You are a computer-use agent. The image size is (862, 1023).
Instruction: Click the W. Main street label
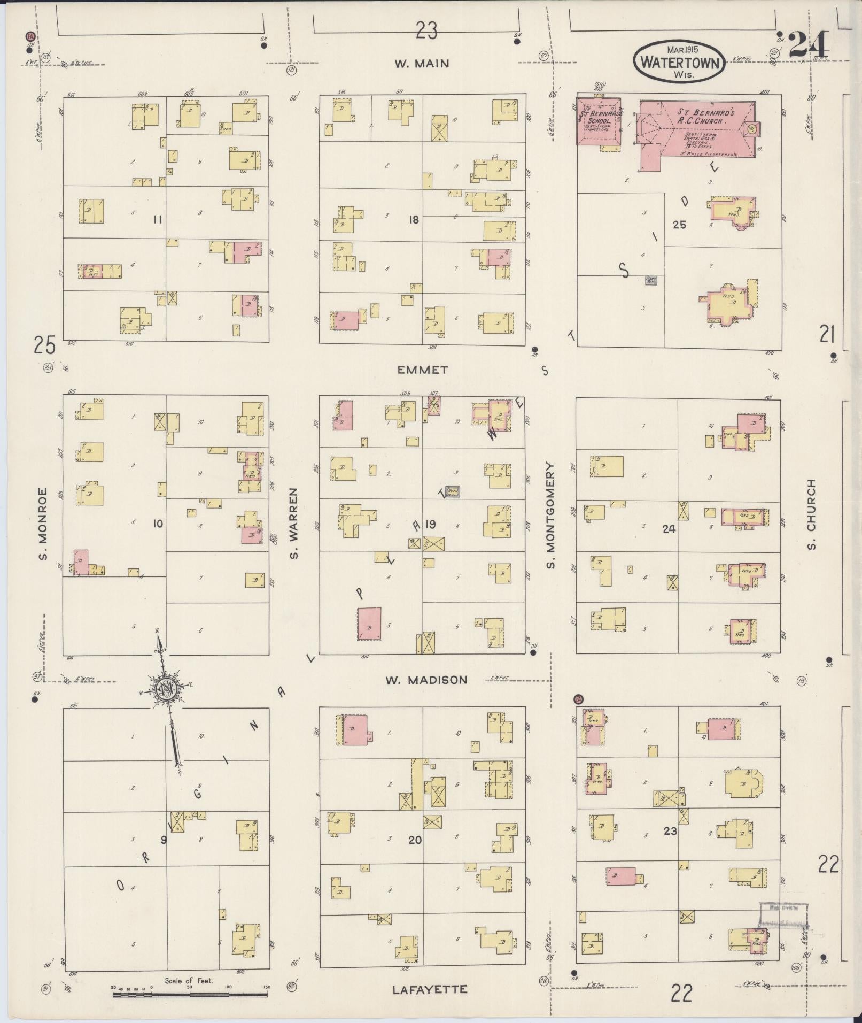422,64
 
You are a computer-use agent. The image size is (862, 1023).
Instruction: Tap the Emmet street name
422,370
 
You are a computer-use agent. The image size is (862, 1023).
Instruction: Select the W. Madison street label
426,680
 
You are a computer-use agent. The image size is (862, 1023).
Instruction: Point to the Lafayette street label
430,989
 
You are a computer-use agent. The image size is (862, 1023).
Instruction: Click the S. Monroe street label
42,524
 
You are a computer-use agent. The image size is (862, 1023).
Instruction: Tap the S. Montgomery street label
550,515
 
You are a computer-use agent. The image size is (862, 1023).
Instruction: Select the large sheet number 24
809,44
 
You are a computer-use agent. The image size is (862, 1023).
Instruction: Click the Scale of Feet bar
190,995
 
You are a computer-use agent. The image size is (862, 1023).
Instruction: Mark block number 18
414,219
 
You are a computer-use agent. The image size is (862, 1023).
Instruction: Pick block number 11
157,219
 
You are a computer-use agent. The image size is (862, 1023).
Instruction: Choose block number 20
415,840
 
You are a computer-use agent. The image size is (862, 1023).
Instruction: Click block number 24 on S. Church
669,529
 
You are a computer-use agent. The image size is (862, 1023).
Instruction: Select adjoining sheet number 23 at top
427,32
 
